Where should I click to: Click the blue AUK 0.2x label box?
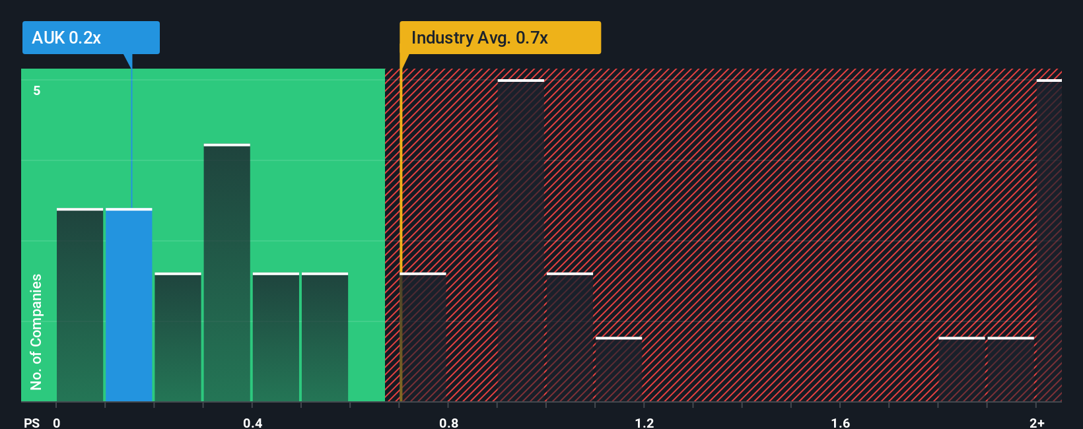(90, 38)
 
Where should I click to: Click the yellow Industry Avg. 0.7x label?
(500, 38)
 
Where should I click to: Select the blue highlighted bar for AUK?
(129, 305)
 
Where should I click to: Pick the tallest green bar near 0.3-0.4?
(227, 273)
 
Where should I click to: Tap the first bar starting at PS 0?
(80, 305)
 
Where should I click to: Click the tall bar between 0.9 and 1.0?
(521, 241)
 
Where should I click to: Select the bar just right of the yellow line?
(423, 337)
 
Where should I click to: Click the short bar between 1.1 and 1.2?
(619, 370)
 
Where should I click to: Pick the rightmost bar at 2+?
(1049, 241)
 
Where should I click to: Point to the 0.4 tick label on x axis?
(252, 422)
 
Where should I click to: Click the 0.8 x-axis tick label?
(448, 422)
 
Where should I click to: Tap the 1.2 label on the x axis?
(645, 422)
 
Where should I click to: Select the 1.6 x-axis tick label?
(840, 422)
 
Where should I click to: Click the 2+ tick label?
(1037, 422)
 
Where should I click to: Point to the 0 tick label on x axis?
(57, 422)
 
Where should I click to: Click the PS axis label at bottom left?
(32, 422)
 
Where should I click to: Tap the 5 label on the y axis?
(37, 90)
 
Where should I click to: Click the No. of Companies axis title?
(36, 331)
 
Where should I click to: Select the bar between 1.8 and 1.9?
(961, 370)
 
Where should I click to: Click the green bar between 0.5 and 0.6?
(325, 337)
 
